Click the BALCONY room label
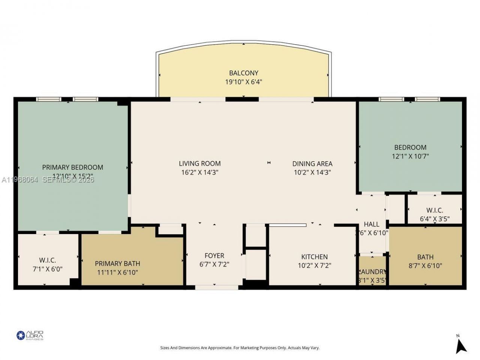pos(244,73)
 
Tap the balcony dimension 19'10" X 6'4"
pos(244,82)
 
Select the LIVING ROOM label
pos(199,163)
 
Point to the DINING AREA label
pos(312,163)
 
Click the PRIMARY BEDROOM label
pos(72,167)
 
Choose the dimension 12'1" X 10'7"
pos(410,156)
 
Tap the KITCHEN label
pos(314,257)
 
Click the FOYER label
pos(214,256)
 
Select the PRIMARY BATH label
pos(117,264)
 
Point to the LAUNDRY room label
pos(372,272)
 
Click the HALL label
pos(371,224)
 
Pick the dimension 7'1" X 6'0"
pos(48,269)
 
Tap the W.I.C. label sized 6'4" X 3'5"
pos(434,210)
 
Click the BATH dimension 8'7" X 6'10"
pos(425,266)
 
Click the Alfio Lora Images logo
pos(30,335)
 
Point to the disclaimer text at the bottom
pos(240,348)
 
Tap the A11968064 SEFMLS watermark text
pos(48,180)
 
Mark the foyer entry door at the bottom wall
pos(217,288)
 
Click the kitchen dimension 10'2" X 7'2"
pos(314,266)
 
